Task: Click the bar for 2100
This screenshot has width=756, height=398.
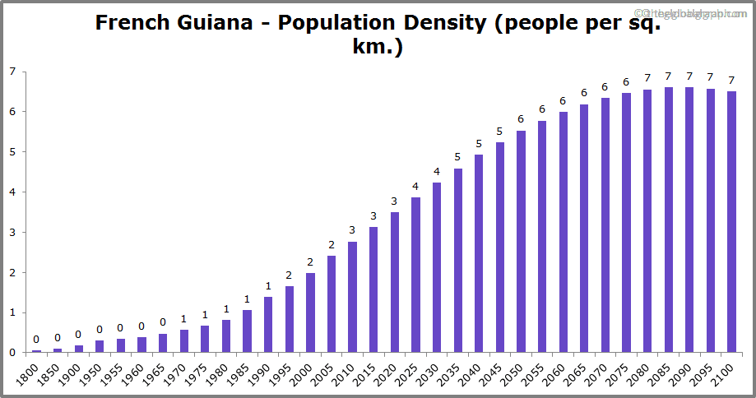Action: pos(731,222)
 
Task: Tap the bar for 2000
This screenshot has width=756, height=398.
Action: pos(310,312)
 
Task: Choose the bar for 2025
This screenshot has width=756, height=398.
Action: pos(415,275)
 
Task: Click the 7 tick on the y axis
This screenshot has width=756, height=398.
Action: pos(12,72)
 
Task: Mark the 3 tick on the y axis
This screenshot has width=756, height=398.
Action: pos(12,233)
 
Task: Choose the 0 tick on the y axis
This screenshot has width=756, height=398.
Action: pos(12,353)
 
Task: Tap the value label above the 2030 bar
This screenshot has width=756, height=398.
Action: pos(437,172)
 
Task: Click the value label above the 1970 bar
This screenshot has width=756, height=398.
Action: pos(184,319)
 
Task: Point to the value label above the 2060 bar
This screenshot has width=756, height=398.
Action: pos(563,101)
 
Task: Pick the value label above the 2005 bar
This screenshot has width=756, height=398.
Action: pos(332,245)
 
